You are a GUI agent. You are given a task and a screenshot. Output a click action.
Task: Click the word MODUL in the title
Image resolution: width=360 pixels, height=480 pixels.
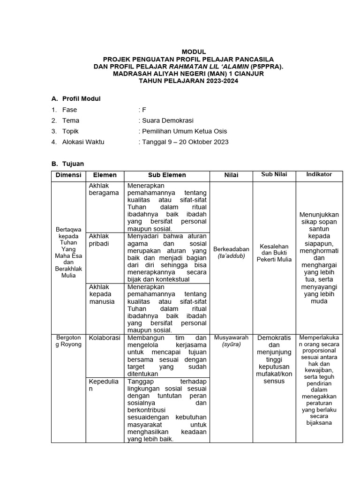pos(193,52)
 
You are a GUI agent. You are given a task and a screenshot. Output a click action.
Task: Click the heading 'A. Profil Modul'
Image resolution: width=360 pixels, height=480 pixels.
pos(75,98)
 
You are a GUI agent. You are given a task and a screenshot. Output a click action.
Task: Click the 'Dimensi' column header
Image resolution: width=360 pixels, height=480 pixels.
pos(68,175)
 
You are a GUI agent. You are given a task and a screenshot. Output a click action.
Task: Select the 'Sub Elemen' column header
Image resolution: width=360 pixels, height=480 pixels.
pos(167,175)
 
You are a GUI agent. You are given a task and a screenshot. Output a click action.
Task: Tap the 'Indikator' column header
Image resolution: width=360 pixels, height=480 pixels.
pos(319,174)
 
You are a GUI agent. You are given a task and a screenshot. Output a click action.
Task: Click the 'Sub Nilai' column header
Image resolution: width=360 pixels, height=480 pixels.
pos(275,174)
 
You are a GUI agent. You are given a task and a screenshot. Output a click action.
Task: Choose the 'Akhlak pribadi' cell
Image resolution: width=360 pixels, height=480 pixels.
pos(99,240)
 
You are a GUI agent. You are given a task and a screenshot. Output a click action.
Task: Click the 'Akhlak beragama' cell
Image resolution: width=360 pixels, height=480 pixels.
pos(104,189)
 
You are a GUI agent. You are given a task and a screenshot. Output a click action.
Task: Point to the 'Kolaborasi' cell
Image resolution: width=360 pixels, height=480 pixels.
pos(105,337)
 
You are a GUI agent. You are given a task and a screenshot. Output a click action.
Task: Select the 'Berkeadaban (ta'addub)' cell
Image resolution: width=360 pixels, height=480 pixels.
pos(231,253)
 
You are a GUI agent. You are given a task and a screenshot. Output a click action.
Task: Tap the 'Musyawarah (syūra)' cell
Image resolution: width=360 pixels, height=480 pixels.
pos(231,341)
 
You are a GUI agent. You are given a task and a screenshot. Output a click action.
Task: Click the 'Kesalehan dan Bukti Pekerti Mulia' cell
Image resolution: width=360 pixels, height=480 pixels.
pos(275,253)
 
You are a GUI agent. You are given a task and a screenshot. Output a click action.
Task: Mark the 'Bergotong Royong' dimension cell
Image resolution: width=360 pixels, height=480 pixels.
pos(68,341)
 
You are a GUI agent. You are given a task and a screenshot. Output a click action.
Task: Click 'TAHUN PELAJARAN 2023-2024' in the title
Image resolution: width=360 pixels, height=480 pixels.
pos(193,81)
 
